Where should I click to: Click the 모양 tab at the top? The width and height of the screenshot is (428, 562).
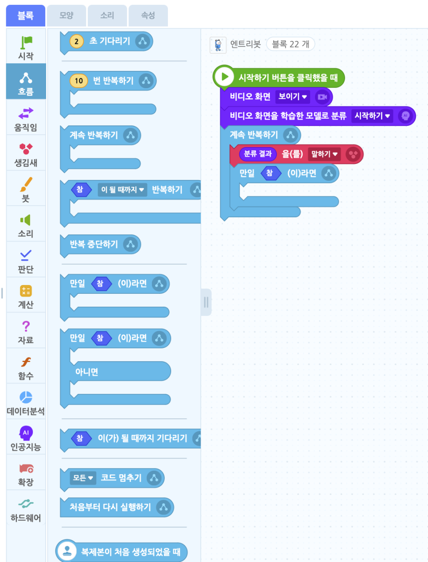[x=66, y=16]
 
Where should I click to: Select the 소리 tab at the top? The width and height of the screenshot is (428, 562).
[x=107, y=16]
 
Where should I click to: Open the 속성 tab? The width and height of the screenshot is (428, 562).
[x=148, y=16]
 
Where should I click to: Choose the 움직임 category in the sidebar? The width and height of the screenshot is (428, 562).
[x=26, y=119]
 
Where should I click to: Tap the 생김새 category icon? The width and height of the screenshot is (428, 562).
[x=26, y=154]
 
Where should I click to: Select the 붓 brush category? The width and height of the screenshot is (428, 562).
[x=26, y=189]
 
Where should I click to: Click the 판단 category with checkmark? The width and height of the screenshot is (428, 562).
[x=26, y=261]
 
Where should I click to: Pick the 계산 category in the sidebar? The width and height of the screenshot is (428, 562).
[x=26, y=296]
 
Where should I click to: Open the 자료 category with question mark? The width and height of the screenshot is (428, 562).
[x=26, y=332]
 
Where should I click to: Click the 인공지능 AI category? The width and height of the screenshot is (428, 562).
[x=26, y=438]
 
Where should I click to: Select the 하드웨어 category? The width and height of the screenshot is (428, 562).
[x=26, y=509]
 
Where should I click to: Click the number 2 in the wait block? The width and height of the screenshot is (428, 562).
[x=77, y=42]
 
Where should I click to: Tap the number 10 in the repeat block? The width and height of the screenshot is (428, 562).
[x=79, y=81]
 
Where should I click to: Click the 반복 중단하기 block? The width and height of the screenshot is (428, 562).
[x=94, y=244]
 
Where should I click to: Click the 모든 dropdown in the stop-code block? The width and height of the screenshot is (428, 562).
[x=83, y=478]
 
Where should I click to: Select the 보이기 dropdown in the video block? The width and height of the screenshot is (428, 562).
[x=292, y=97]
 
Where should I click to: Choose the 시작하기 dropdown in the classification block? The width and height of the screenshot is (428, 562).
[x=372, y=116]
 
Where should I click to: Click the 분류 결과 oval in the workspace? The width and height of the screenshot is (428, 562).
[x=258, y=154]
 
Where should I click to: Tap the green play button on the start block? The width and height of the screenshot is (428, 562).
[x=225, y=77]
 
